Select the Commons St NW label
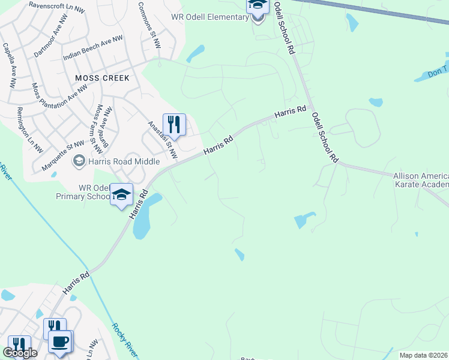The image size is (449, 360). tap(149, 25)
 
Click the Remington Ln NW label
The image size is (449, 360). tap(29, 130)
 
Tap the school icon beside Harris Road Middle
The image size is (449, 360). tap(78, 161)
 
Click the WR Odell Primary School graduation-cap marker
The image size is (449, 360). tap(121, 194)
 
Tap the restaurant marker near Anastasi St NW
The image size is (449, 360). tap(174, 124)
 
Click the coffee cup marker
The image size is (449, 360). tap(59, 341)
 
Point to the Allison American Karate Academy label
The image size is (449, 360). tap(421, 180)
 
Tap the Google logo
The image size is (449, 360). tap(20, 353)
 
